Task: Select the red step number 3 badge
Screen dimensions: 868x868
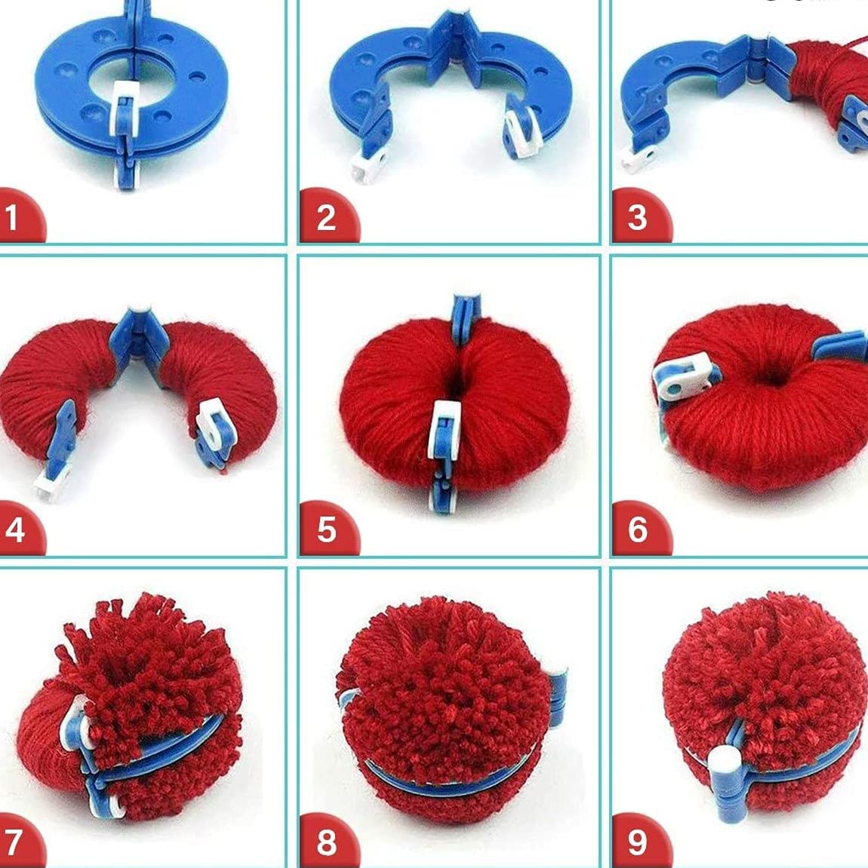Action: (640, 216)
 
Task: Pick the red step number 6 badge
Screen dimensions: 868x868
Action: (640, 529)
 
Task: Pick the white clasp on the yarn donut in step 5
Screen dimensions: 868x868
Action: (445, 429)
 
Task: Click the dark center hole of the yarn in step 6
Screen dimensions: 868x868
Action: (770, 378)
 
